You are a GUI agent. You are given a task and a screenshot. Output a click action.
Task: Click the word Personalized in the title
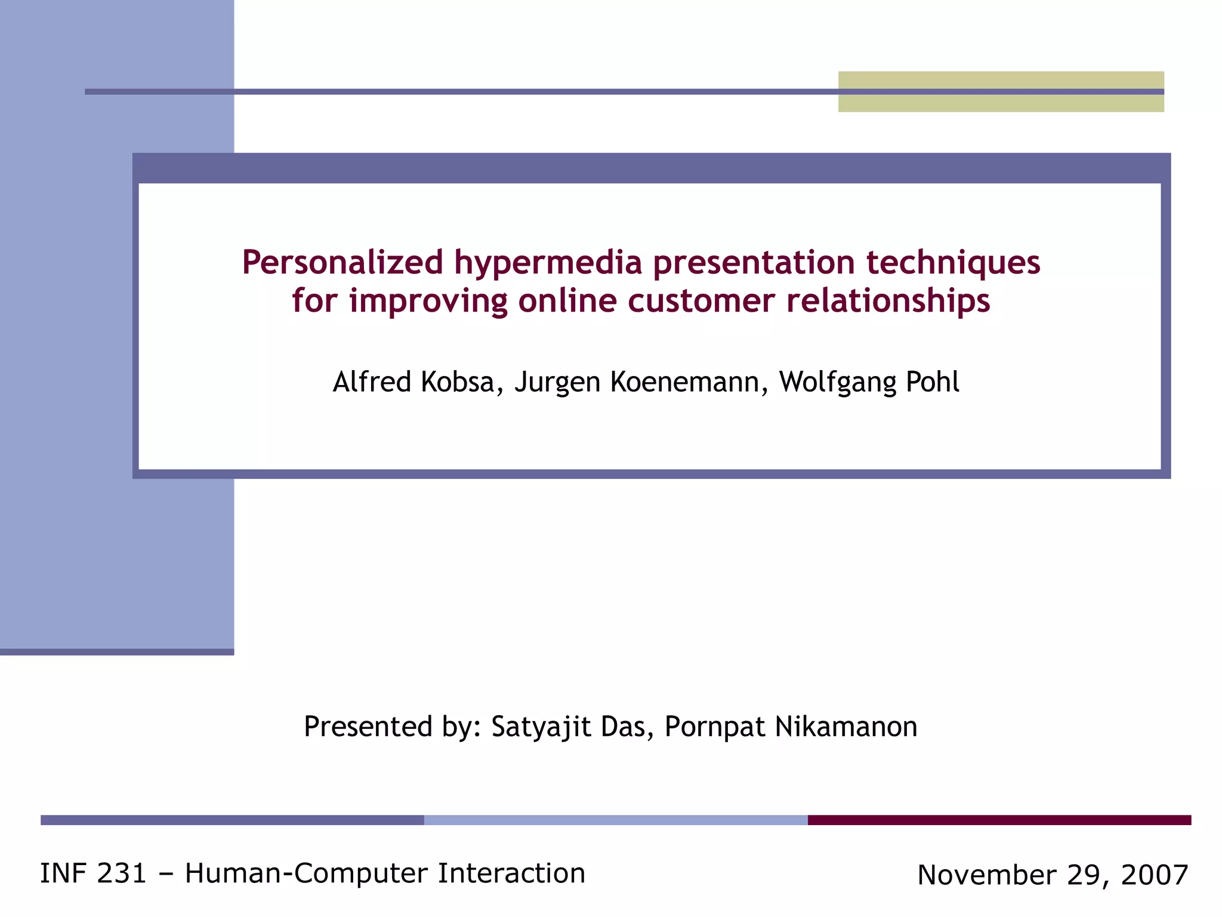coord(342,263)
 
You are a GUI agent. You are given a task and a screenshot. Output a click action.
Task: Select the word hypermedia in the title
coord(548,263)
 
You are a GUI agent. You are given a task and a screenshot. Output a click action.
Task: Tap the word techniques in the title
coord(953,263)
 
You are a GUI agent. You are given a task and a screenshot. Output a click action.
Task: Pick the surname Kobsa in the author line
coord(458,382)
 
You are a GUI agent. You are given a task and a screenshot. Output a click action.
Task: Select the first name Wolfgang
coord(838,382)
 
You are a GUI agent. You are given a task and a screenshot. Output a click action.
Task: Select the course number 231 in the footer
coord(121,873)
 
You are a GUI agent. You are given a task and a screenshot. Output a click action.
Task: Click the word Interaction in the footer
coord(511,873)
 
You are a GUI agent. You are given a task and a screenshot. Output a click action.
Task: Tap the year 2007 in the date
coord(1155,875)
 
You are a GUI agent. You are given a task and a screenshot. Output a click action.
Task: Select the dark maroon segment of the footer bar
coord(999,820)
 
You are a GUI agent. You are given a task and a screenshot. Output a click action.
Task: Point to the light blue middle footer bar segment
coord(616,820)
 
